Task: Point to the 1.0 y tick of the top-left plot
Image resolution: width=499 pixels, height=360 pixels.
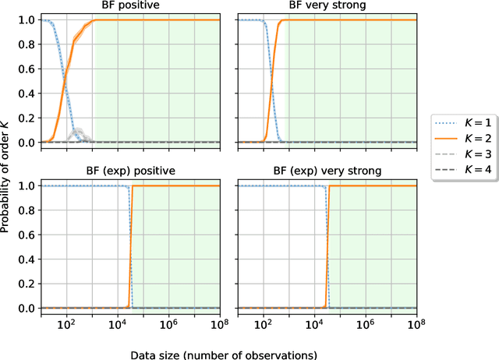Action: (x=27, y=20)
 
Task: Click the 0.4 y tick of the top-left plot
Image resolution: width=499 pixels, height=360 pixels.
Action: (x=27, y=94)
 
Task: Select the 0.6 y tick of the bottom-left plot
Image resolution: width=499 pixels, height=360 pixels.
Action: (x=27, y=235)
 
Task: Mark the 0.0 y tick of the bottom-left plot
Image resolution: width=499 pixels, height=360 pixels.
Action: (x=27, y=309)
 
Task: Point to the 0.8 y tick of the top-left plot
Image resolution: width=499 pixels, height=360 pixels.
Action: (x=27, y=45)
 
